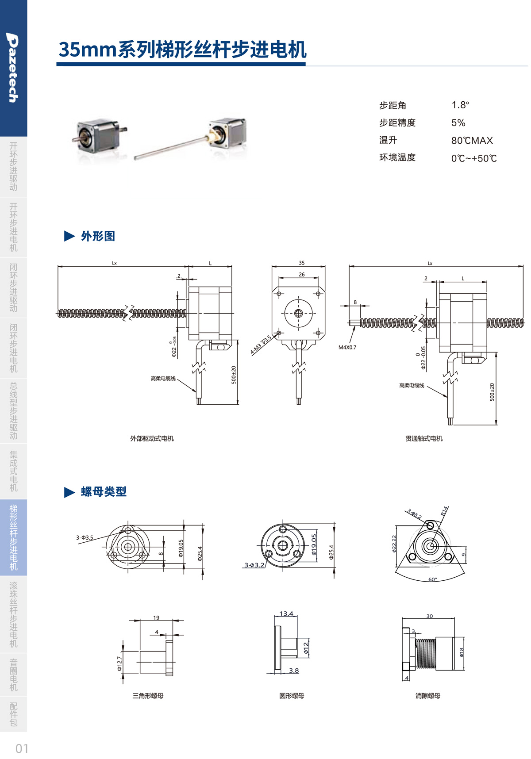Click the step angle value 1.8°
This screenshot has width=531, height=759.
(460, 105)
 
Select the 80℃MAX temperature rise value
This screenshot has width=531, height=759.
(472, 141)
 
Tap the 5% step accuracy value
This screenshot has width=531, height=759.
(458, 123)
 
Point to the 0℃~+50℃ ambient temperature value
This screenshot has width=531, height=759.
(473, 158)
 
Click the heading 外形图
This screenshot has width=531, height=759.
(98, 236)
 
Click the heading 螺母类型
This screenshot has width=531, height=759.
(104, 492)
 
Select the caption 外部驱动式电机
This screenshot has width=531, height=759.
(152, 438)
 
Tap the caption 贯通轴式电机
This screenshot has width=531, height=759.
(423, 438)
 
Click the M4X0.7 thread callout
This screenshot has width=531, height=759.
(347, 348)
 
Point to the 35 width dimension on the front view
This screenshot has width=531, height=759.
(301, 263)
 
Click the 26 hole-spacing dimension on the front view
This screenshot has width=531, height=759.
(301, 275)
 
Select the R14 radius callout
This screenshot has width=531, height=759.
(444, 511)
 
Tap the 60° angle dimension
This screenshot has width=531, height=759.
(432, 579)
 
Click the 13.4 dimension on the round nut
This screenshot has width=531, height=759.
(286, 613)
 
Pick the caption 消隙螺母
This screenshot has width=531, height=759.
(427, 696)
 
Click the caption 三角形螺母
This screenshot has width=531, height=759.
(148, 696)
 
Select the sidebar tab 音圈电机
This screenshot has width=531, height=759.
(13, 675)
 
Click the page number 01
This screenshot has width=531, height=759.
(22, 748)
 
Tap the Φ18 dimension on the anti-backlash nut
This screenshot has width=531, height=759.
(461, 652)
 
